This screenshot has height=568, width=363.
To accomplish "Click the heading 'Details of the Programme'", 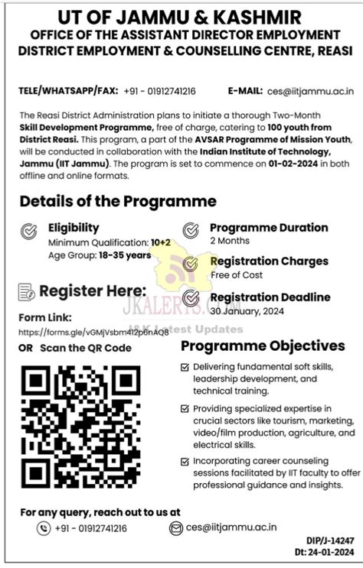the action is [118, 202].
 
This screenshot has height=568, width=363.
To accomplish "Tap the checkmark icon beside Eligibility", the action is [28, 230].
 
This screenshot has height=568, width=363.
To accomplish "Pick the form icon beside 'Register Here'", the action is [27, 291].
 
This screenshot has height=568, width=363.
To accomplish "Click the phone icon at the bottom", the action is [43, 528].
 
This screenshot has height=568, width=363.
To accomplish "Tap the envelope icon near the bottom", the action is [176, 528].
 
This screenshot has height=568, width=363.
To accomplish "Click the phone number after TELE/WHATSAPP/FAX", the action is [160, 89].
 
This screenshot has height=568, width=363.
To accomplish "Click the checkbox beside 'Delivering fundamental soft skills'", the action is [185, 368].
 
